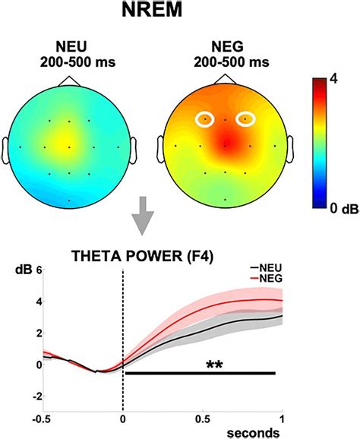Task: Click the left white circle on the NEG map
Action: tap(206, 118)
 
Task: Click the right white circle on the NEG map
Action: tap(246, 118)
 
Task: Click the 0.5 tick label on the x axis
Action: tap(203, 417)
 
